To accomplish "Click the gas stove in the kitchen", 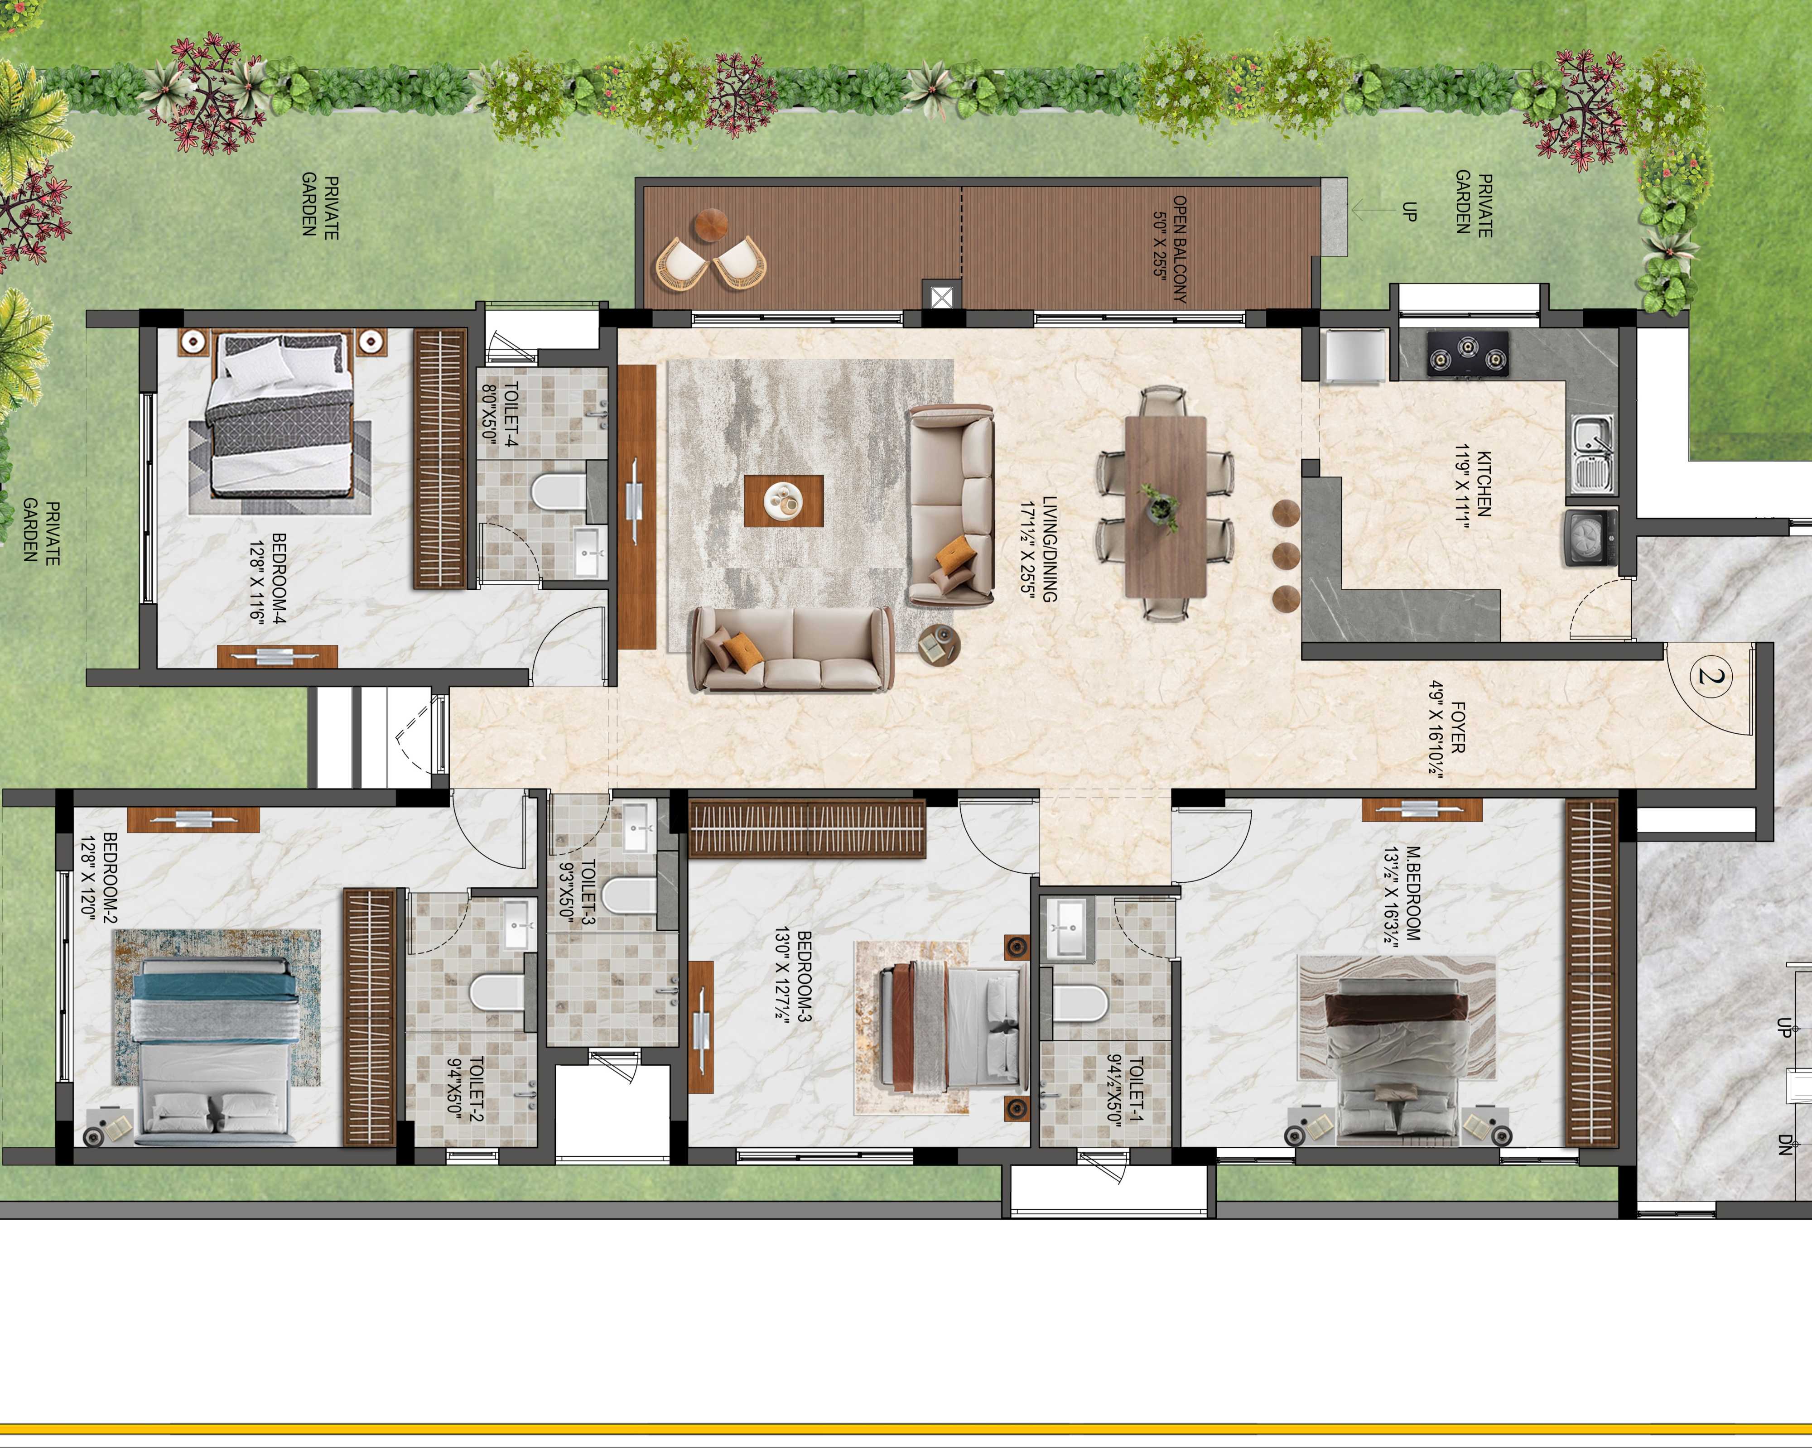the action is (1467, 353).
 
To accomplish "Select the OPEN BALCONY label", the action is (1179, 250).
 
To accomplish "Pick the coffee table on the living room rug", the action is (783, 501).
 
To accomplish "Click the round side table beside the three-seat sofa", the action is (939, 645).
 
